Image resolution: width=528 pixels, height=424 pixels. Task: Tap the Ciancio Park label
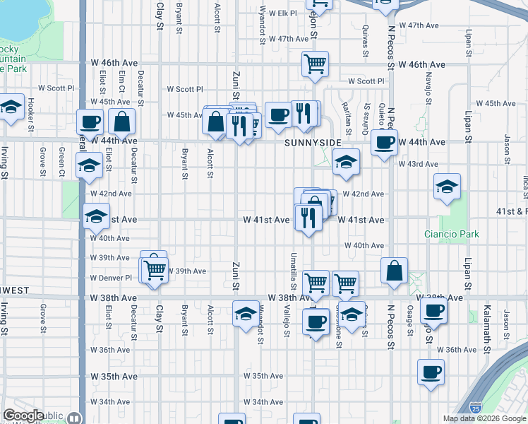[452, 234]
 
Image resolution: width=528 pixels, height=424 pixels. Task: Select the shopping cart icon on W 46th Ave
[316, 64]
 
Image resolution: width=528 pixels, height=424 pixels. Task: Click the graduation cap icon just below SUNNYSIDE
[346, 163]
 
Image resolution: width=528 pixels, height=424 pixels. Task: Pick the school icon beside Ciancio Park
[448, 187]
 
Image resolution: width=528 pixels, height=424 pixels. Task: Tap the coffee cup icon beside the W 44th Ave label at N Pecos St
[384, 142]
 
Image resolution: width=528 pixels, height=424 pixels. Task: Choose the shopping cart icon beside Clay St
[155, 269]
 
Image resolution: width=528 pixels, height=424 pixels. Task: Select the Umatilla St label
[294, 264]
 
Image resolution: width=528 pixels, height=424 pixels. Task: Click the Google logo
[23, 416]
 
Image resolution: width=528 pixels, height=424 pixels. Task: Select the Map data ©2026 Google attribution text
[484, 418]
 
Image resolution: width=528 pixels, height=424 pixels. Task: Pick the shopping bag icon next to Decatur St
[122, 122]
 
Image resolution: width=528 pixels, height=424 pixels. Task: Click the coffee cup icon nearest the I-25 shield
[431, 372]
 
